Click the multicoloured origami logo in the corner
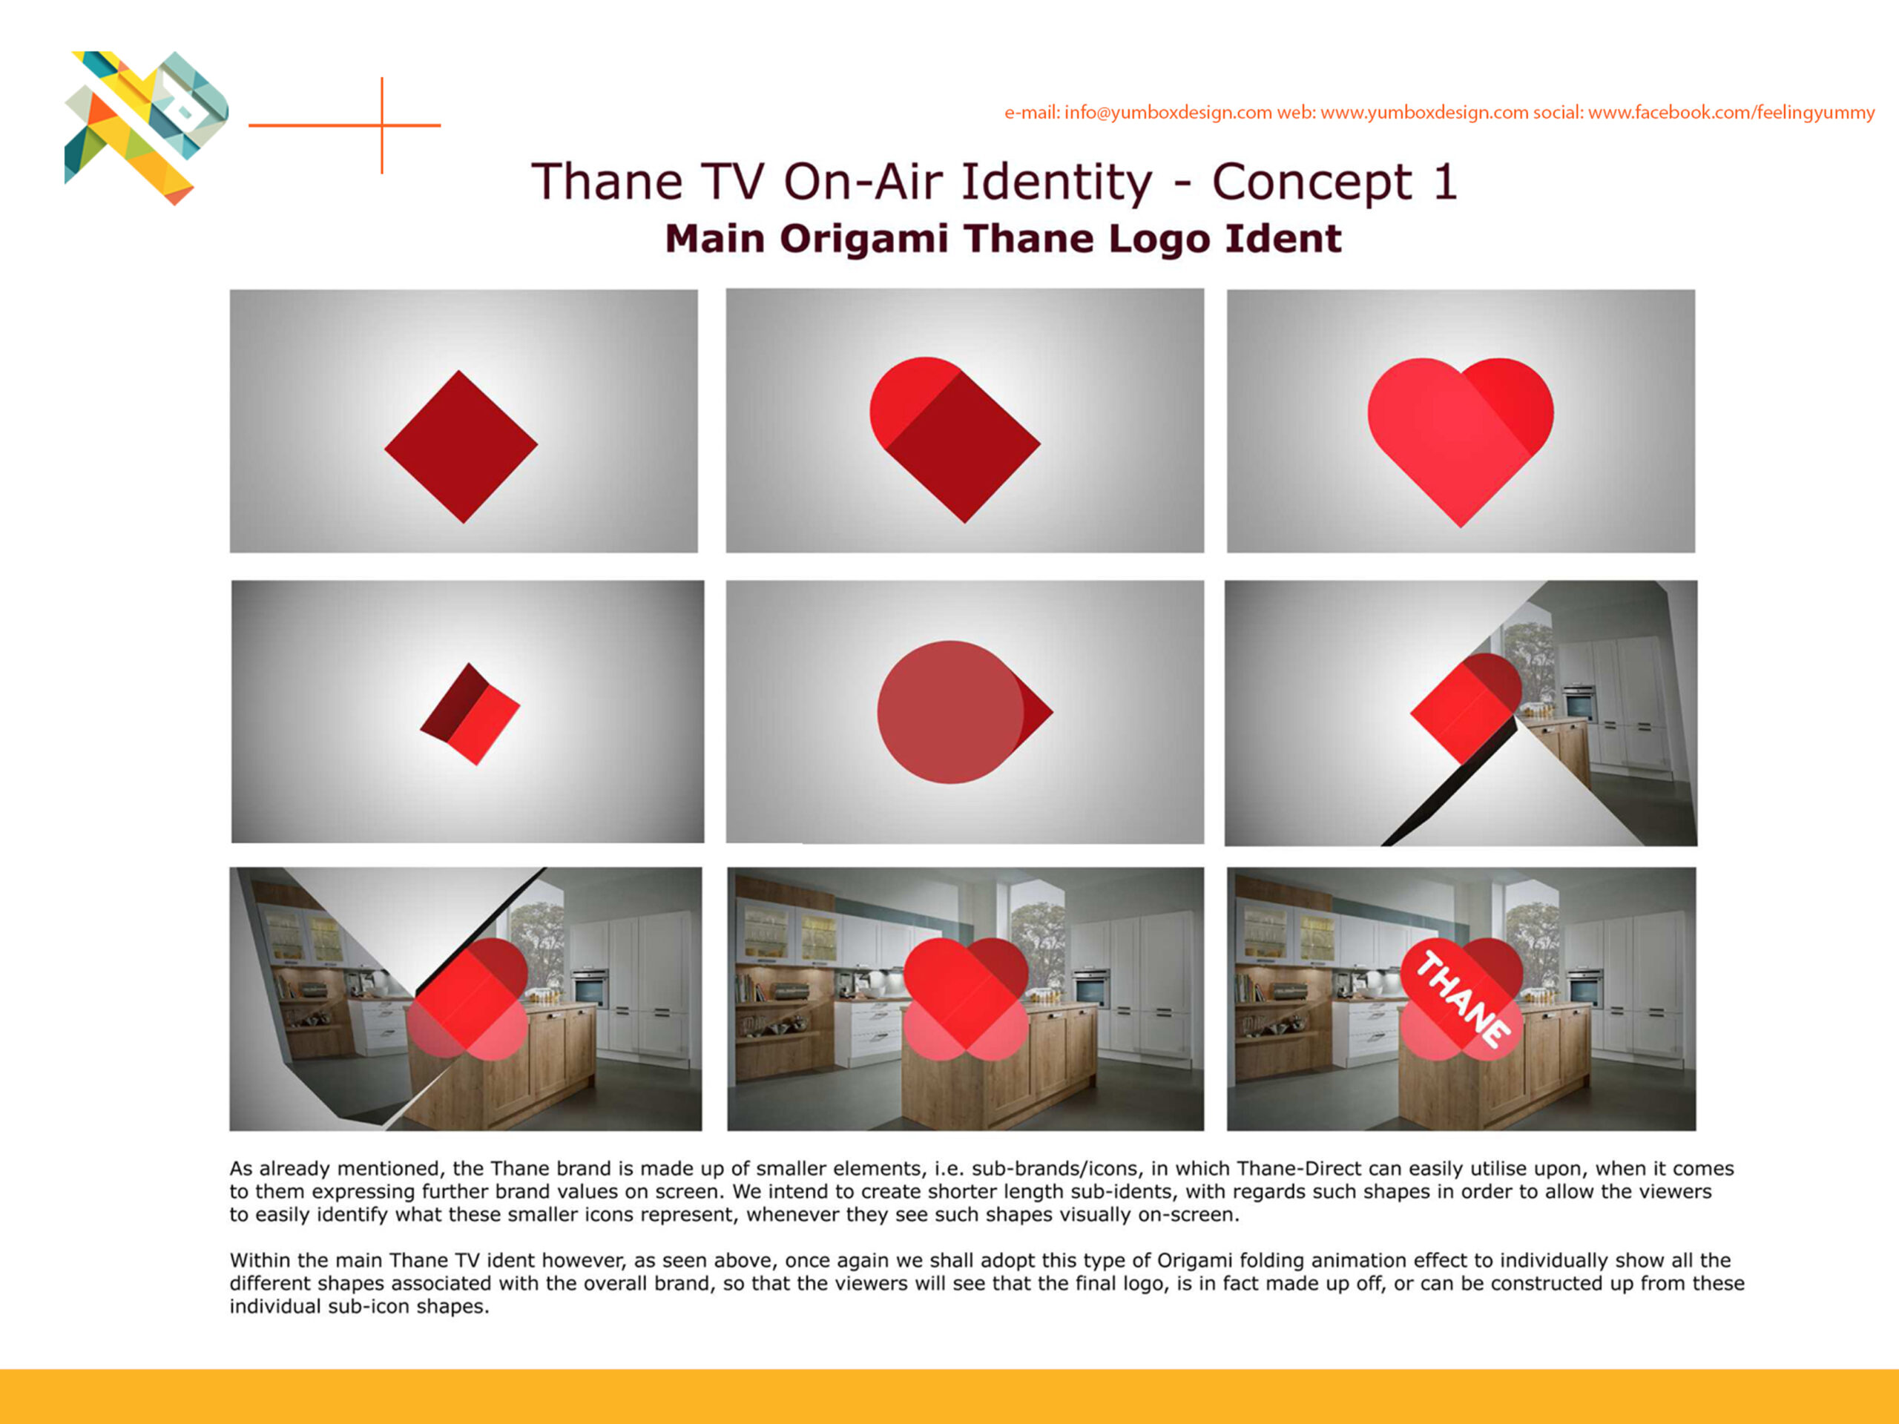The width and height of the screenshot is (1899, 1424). point(146,127)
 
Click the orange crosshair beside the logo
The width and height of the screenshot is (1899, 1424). point(382,125)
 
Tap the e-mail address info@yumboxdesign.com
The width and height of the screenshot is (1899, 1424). point(1168,113)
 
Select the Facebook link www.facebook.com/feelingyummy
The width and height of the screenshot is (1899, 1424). point(1731,113)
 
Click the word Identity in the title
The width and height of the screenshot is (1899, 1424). point(1056,183)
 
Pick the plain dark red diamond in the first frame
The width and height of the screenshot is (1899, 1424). point(461,446)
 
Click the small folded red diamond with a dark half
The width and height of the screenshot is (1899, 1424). point(470,713)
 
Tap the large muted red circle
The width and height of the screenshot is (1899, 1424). point(950,711)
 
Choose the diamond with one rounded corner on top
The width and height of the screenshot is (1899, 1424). point(955,440)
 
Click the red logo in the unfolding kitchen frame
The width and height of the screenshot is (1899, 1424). point(467,998)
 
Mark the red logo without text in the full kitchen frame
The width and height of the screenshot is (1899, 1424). point(966,998)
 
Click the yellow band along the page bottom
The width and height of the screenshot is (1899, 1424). point(949,1397)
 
